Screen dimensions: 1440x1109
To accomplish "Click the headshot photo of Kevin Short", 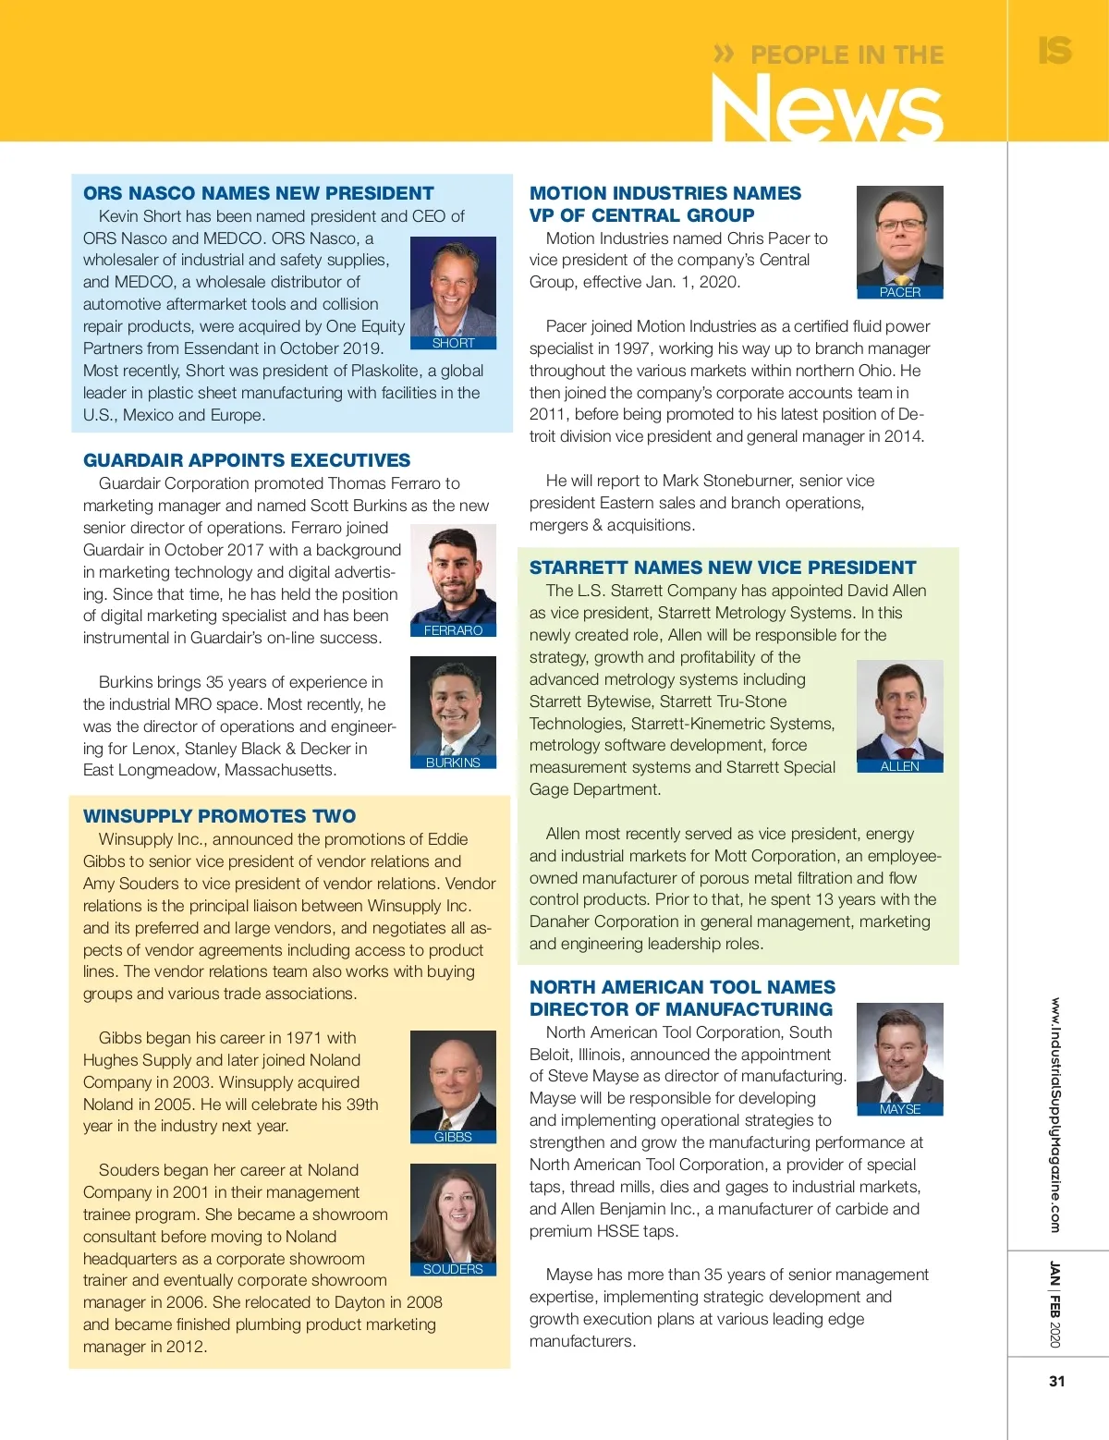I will [x=453, y=287].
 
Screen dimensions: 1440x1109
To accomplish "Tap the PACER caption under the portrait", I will [x=899, y=292].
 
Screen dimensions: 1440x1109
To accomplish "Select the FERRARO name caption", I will [x=453, y=630].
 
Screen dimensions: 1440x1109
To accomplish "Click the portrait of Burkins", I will [x=453, y=706].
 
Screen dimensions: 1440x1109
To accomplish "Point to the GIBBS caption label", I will [x=453, y=1137].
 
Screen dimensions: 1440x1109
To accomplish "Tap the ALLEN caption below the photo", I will [x=899, y=766].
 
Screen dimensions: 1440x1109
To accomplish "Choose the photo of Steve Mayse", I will [x=899, y=1053].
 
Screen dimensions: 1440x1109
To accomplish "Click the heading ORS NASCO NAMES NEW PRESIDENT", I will [x=258, y=193].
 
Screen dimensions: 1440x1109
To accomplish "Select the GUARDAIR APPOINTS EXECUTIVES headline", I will [x=247, y=460].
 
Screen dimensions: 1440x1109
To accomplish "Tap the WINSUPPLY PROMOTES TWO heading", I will [x=219, y=816].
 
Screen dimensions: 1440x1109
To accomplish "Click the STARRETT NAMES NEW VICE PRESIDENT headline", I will [x=723, y=567].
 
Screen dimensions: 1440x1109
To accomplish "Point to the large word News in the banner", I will [x=827, y=109].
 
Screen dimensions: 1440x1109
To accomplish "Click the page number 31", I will [x=1057, y=1381].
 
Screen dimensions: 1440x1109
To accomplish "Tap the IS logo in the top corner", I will [x=1054, y=50].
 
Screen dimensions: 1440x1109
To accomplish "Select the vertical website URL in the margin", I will [x=1055, y=1114].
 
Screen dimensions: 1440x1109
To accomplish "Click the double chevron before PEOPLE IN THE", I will [x=724, y=55].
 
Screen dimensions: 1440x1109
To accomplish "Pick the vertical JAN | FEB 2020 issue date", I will [x=1055, y=1304].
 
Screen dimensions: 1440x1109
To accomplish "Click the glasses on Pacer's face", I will [x=899, y=225].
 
